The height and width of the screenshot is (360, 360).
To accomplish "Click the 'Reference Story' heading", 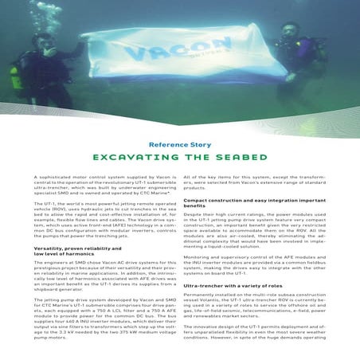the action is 180,146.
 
